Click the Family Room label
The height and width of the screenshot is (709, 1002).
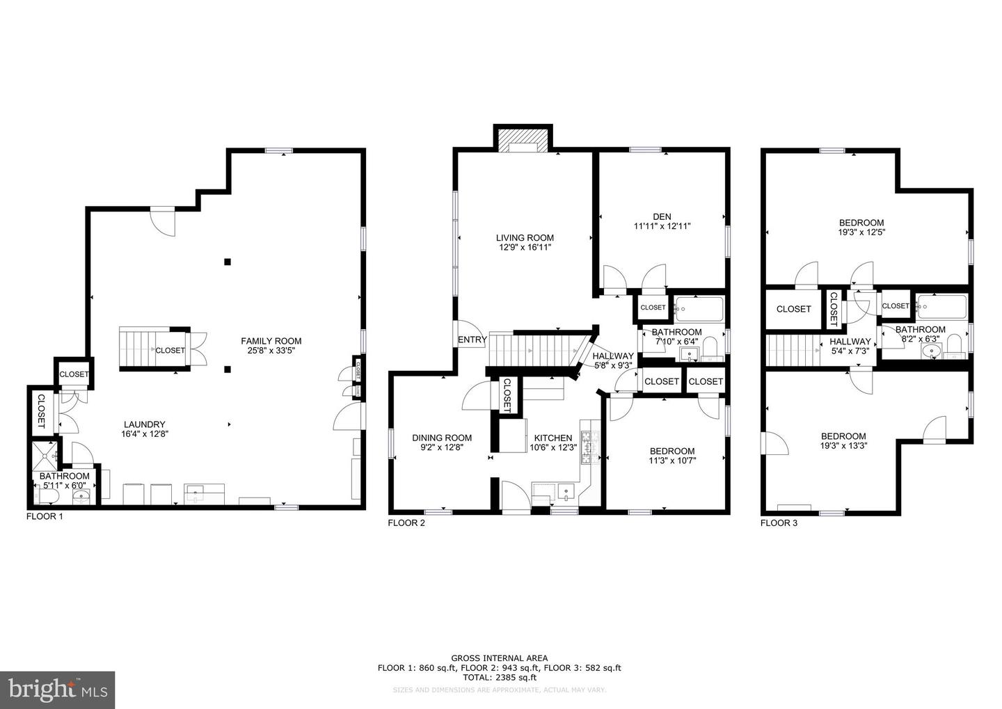pos(271,341)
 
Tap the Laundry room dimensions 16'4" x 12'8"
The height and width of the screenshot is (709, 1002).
pos(144,433)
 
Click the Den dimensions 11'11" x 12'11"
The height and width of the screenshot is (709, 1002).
pos(662,226)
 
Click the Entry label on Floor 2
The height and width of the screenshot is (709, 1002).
pos(472,340)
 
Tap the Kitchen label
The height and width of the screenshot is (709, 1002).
pos(552,438)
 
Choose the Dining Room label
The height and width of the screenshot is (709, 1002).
pos(442,438)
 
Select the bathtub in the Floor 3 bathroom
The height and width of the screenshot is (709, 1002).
pos(941,306)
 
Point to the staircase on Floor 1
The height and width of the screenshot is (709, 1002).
pos(136,349)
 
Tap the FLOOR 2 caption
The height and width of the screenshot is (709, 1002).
pos(406,523)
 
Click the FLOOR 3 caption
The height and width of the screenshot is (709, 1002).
pos(779,523)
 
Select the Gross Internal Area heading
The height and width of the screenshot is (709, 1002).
pos(499,658)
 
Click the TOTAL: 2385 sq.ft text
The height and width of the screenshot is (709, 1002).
pos(499,677)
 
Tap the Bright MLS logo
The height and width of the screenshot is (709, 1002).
pos(56,690)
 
